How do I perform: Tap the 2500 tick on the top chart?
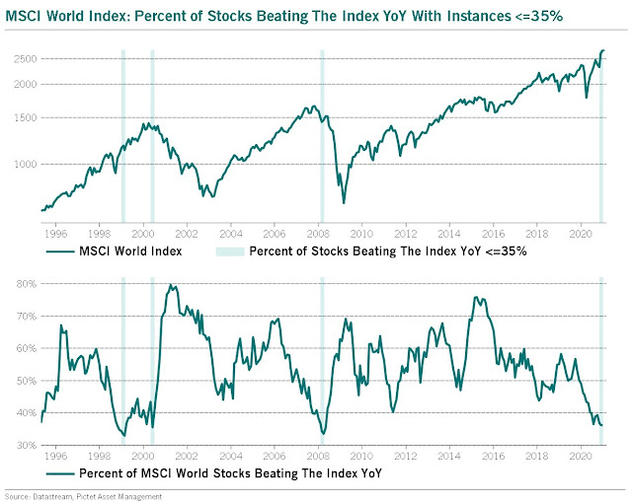click(x=23, y=59)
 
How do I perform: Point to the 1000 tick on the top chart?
click(x=23, y=164)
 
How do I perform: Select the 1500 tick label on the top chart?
click(x=23, y=118)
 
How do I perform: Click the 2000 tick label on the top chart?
click(x=23, y=85)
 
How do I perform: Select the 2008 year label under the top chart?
click(x=320, y=235)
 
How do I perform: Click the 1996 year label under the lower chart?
click(x=55, y=460)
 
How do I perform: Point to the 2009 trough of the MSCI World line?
click(x=344, y=202)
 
